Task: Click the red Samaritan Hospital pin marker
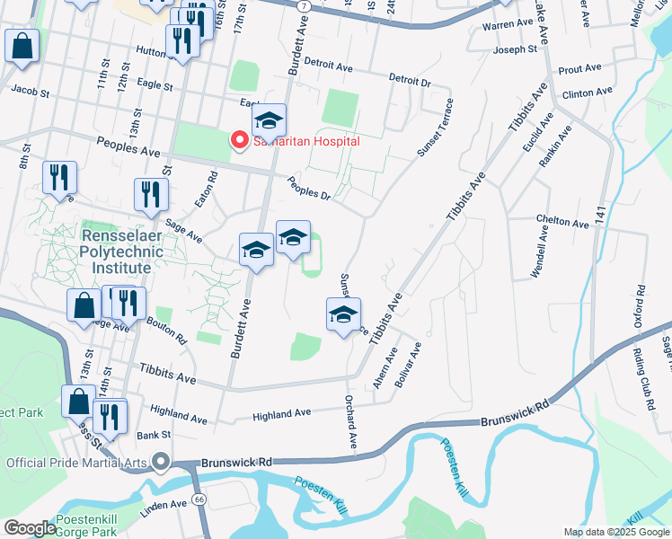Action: click(240, 141)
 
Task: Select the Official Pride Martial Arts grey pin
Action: click(162, 463)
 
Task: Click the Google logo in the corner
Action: click(29, 528)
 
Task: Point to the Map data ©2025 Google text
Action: click(615, 532)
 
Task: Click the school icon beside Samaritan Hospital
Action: click(268, 122)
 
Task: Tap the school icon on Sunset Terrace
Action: click(343, 316)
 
